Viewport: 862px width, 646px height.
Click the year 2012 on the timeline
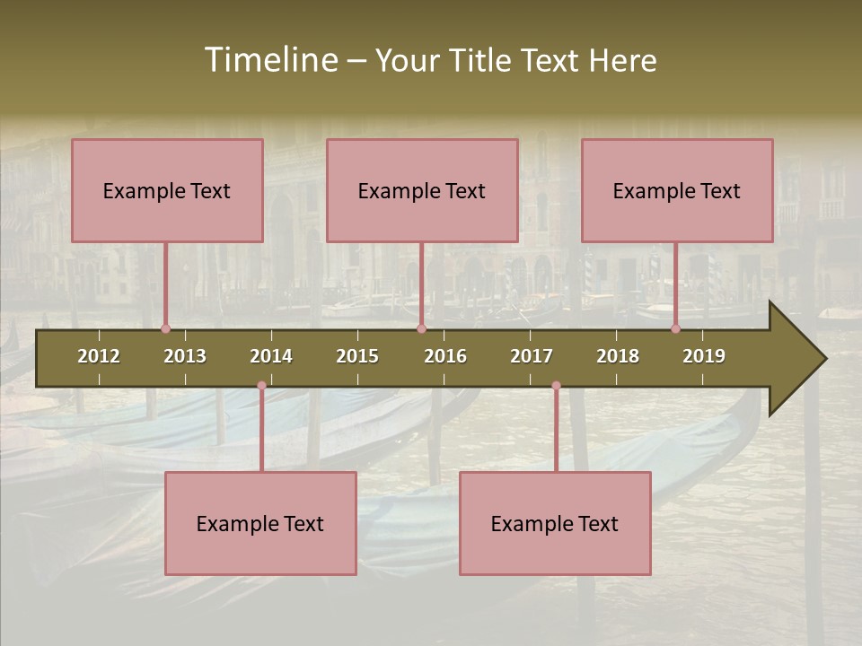[x=99, y=356]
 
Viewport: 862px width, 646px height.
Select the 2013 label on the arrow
[x=185, y=356]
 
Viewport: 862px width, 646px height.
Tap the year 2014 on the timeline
[x=271, y=356]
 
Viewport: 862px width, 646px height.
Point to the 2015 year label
[x=357, y=356]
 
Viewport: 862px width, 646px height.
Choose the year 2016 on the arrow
[x=445, y=356]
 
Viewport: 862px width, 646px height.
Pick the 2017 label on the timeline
[x=532, y=356]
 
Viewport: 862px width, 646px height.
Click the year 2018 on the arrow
[x=618, y=356]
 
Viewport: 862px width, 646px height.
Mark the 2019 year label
[x=704, y=356]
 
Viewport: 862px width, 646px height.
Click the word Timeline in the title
[x=268, y=60]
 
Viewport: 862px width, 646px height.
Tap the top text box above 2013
[x=167, y=190]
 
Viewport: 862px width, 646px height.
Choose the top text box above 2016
[x=422, y=190]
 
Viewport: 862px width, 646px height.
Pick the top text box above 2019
[x=677, y=190]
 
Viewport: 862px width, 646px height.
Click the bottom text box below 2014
[x=260, y=523]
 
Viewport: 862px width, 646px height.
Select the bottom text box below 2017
[x=555, y=523]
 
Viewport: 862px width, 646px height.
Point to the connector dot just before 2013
[x=165, y=328]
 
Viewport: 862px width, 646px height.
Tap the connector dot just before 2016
[x=421, y=328]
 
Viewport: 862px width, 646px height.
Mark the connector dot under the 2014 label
[x=261, y=386]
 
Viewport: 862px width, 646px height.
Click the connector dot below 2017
[x=556, y=386]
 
